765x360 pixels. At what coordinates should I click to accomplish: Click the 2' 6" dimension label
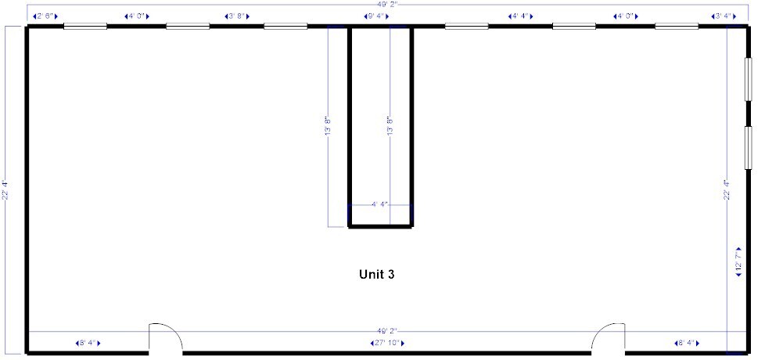[x=45, y=16]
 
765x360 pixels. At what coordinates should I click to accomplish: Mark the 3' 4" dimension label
[x=722, y=16]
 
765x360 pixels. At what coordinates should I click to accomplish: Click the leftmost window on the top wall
[x=84, y=27]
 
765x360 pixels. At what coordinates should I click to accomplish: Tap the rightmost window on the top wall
[x=677, y=27]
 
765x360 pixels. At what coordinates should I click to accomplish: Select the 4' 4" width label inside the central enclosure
[x=380, y=204]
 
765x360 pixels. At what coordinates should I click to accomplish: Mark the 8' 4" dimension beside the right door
[x=685, y=343]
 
